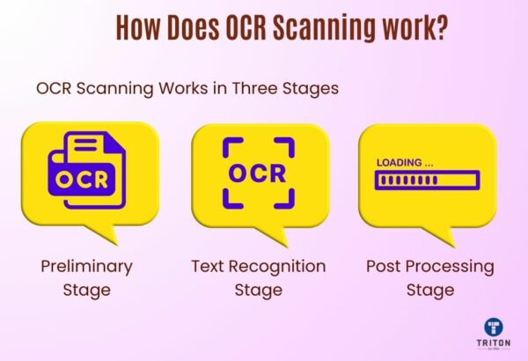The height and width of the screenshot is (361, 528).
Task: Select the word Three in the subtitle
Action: coord(266,89)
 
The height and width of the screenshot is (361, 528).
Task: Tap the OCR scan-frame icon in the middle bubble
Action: coord(258,173)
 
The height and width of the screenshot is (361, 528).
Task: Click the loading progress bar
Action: coord(427,180)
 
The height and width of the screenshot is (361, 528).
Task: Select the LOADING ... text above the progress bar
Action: coord(405,163)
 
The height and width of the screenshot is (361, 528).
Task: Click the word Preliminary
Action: coord(85,266)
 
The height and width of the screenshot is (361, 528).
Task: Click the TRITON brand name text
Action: coord(490,346)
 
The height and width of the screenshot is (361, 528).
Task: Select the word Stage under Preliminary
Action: coord(85,289)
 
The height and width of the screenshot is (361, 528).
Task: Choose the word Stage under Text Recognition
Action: coord(258,289)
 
